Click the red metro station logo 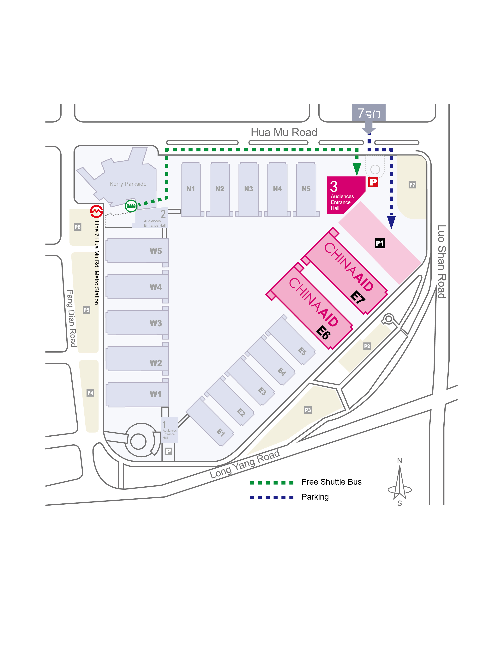pos(96,211)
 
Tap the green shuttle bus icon pos(131,206)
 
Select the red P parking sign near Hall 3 pos(373,182)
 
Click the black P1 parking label pos(380,243)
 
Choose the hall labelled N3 pos(249,189)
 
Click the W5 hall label pos(156,251)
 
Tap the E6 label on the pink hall pos(323,333)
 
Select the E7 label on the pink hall pos(358,297)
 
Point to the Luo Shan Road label pos(442,262)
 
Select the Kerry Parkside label pos(128,184)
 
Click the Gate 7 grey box pos(369,113)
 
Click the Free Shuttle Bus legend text pos(332,482)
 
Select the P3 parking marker pos(308,410)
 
